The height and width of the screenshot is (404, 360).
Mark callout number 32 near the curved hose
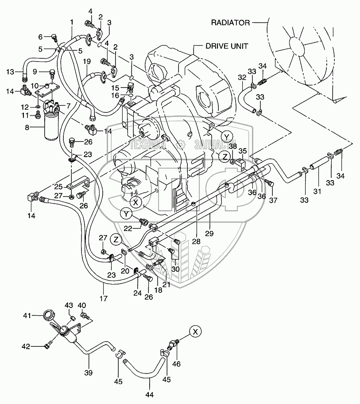point(241,77)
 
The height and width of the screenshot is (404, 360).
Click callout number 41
point(27,315)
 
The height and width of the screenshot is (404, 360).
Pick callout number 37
point(273,200)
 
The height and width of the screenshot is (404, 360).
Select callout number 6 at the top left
point(40,37)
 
